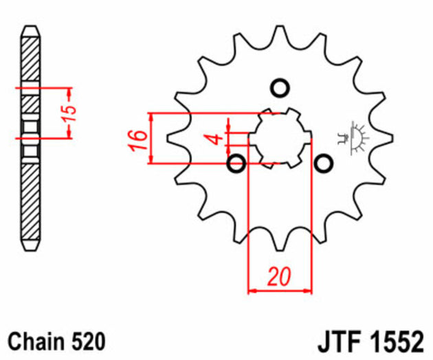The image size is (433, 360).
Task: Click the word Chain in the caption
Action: pyautogui.click(x=35, y=341)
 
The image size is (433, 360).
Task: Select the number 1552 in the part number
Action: pyautogui.click(x=397, y=341)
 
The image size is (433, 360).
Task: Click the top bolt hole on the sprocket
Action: pyautogui.click(x=279, y=88)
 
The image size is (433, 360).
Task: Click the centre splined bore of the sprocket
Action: pyautogui.click(x=279, y=137)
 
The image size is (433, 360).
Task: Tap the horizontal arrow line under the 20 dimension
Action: pyautogui.click(x=279, y=291)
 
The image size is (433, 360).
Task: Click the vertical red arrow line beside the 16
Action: pyautogui.click(x=151, y=138)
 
